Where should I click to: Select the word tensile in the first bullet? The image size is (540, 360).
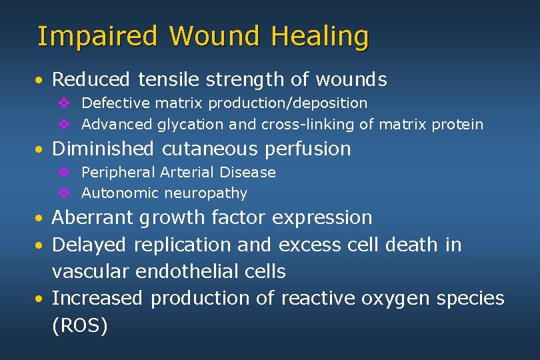coord(168,80)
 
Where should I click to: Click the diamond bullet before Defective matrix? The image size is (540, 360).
coord(64,103)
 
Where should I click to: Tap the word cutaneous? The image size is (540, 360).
coord(209,149)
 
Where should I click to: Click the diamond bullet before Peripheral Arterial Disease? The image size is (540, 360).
coord(64,173)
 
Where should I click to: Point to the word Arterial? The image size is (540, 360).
coord(183,173)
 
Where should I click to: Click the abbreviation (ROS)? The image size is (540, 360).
coord(79,326)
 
